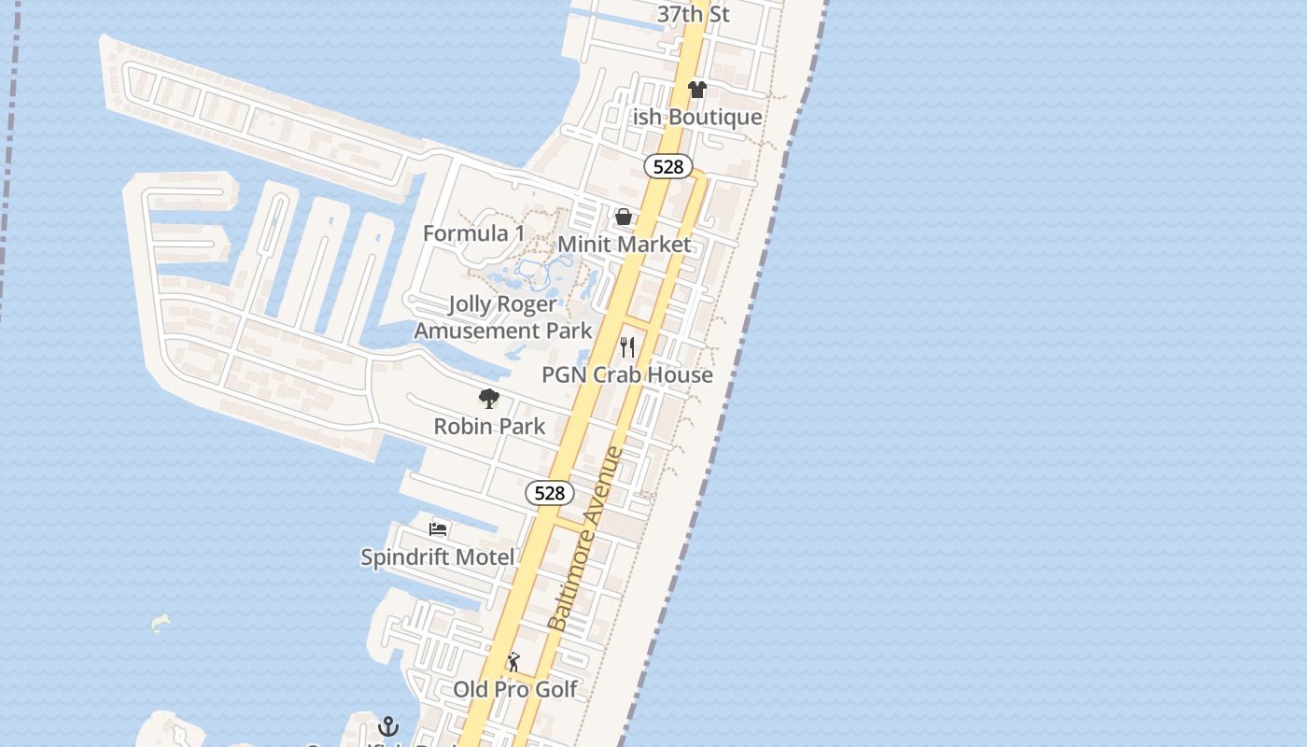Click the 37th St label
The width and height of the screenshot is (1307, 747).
[693, 14]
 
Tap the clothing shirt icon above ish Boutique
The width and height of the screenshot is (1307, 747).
[697, 90]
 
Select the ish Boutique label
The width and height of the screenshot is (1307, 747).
[697, 117]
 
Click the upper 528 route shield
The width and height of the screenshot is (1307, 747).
[668, 166]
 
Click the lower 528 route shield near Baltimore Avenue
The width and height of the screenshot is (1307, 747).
[549, 493]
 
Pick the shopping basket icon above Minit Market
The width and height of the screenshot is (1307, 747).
[624, 218]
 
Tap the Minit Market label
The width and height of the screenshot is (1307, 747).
[625, 245]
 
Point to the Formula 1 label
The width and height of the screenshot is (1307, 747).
[474, 233]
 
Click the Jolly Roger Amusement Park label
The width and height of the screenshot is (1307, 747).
[503, 317]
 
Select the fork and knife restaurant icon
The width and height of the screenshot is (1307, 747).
[627, 347]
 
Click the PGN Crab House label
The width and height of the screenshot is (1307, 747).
[627, 374]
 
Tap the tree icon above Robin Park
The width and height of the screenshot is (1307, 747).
[488, 400]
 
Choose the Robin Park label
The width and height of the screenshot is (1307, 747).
[489, 427]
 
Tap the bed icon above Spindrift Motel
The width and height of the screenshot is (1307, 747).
[438, 529]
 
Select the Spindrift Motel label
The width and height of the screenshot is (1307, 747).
[438, 557]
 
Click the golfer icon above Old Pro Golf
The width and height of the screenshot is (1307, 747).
[513, 663]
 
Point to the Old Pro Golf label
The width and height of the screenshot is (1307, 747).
[515, 689]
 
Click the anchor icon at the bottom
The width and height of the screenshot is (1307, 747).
[388, 726]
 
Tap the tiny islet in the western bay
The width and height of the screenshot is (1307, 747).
[161, 623]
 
